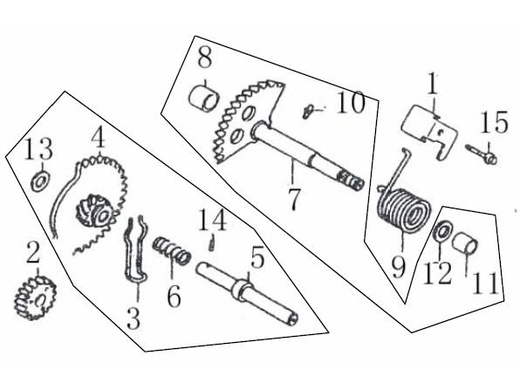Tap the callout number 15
click(x=494, y=122)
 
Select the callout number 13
click(x=38, y=148)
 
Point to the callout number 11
click(x=486, y=284)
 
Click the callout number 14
click(x=213, y=221)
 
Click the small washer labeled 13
click(x=41, y=182)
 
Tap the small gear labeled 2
click(x=35, y=298)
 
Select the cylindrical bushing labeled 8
click(x=204, y=98)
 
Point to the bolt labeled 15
click(x=482, y=154)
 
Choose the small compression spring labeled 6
click(x=172, y=250)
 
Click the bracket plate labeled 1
click(x=429, y=132)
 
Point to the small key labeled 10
click(x=307, y=112)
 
